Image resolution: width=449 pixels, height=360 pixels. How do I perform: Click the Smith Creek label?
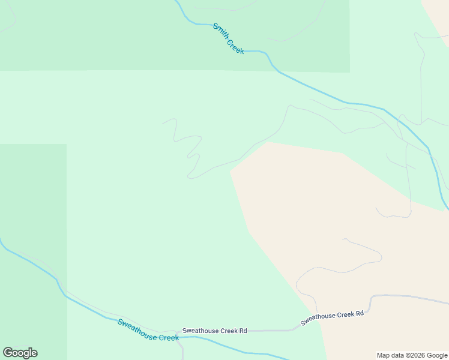pyautogui.click(x=228, y=39)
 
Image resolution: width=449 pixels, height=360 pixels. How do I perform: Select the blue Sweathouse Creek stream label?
pyautogui.click(x=148, y=330)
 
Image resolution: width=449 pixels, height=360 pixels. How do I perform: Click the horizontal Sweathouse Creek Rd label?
pyautogui.click(x=214, y=331)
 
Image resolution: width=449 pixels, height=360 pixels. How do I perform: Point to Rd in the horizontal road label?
pyautogui.click(x=243, y=331)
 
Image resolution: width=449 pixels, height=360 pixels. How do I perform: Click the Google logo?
pyautogui.click(x=20, y=353)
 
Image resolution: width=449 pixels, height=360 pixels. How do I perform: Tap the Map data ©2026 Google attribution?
pyautogui.click(x=412, y=355)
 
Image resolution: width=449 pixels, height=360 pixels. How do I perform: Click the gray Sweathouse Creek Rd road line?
pyautogui.click(x=276, y=330)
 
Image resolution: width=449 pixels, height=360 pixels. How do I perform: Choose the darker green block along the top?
pyautogui.click(x=120, y=36)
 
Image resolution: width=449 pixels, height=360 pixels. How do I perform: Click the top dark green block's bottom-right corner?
pyautogui.click(x=349, y=72)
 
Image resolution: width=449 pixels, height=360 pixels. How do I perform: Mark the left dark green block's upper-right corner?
pyautogui.click(x=66, y=145)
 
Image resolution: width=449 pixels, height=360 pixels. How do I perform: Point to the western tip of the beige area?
pyautogui.click(x=231, y=170)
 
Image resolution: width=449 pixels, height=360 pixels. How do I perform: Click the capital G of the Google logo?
pyautogui.click(x=8, y=352)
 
